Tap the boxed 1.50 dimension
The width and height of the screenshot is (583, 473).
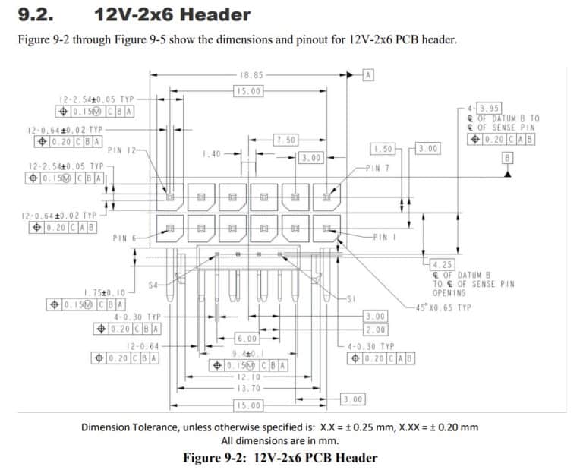(x=383, y=148)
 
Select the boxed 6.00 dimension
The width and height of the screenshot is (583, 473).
(x=247, y=339)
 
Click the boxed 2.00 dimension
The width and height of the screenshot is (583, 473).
(x=375, y=329)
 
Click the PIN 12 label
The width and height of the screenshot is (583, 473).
(x=121, y=150)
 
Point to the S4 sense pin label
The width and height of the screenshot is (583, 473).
(x=154, y=285)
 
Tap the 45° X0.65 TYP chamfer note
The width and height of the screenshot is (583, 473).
(x=444, y=307)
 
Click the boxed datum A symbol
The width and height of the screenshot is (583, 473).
(x=369, y=74)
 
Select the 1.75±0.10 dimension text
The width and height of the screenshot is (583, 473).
(x=105, y=292)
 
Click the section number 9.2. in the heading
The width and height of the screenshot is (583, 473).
(x=35, y=14)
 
